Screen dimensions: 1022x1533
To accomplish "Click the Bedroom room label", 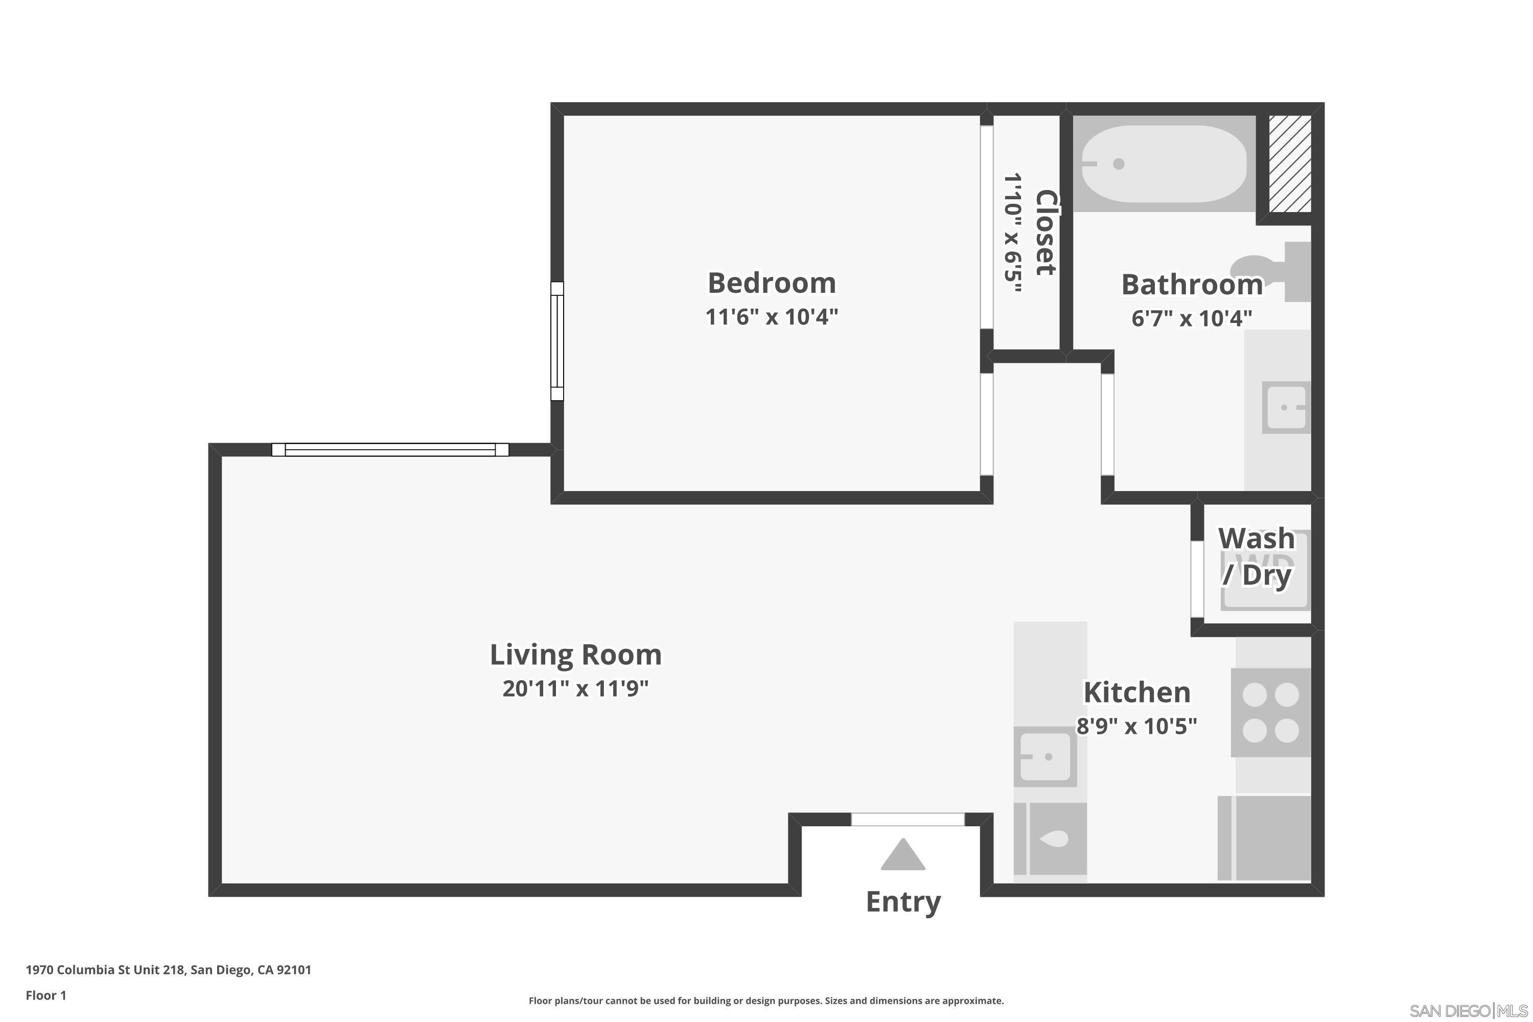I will coord(771,283).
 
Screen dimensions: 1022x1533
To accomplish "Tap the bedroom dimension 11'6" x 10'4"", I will coord(771,317).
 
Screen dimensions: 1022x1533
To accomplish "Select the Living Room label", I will coord(575,655).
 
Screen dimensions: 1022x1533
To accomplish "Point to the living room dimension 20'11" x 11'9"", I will coord(575,688).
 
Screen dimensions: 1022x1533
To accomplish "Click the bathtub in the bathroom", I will coord(1164,164).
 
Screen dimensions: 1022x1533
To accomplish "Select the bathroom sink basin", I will coord(1285,407).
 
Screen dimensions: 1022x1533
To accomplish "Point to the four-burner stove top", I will coord(1270,712).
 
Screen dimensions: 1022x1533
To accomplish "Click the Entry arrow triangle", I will coord(903,856).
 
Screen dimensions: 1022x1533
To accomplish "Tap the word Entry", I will coord(903,902).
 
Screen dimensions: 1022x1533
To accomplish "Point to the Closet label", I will coord(1045,233).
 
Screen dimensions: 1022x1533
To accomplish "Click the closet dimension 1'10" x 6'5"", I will coord(1012,233).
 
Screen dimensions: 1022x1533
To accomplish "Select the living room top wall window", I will coord(390,449).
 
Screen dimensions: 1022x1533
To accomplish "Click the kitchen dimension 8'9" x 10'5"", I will coord(1136,726).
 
